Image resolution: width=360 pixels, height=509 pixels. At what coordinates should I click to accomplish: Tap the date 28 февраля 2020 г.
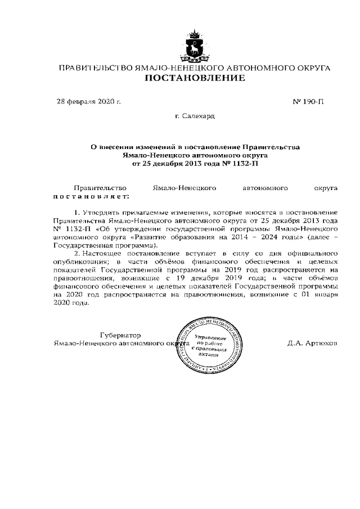pos(89,102)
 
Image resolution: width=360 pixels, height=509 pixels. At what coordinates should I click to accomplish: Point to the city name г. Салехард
pos(195,116)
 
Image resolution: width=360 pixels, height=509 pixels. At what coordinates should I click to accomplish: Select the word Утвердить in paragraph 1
pos(105,214)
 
